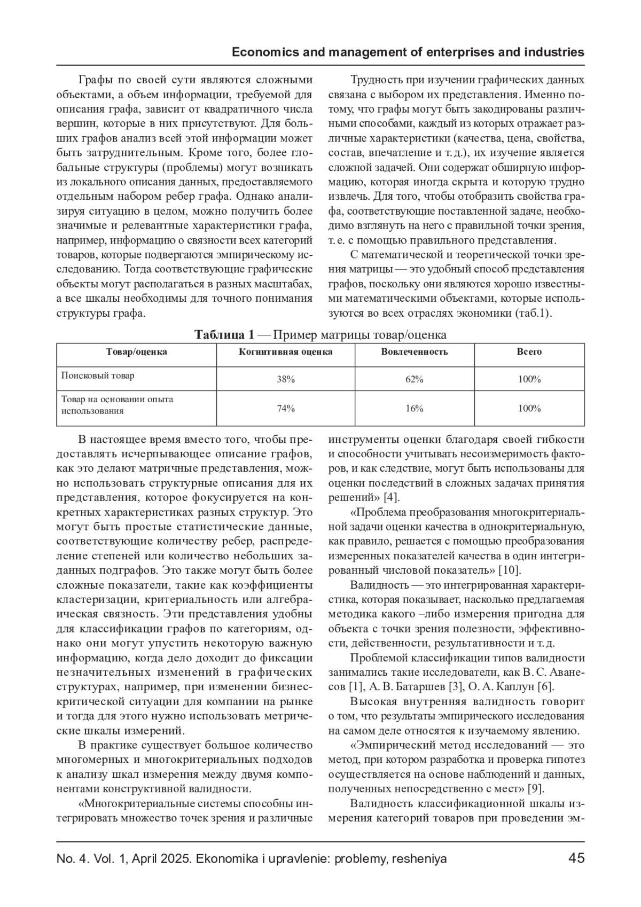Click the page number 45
click(x=576, y=858)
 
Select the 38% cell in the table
click(x=286, y=379)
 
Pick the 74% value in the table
click(x=286, y=409)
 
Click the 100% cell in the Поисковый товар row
click(x=529, y=379)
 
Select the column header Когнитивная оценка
click(x=286, y=352)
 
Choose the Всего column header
click(x=529, y=352)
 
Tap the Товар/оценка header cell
click(x=137, y=352)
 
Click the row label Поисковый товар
click(x=98, y=376)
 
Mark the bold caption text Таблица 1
click(x=224, y=335)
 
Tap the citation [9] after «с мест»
click(x=536, y=788)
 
